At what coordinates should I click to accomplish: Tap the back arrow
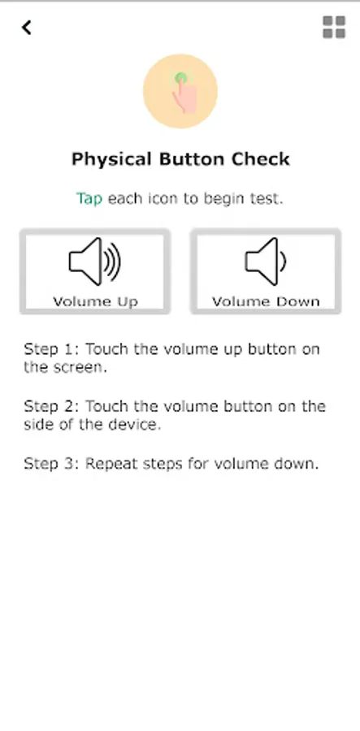tap(27, 28)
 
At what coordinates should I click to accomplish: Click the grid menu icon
tap(334, 27)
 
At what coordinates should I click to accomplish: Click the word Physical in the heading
tap(112, 159)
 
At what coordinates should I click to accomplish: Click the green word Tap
tap(89, 199)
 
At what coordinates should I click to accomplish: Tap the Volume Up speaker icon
tap(94, 262)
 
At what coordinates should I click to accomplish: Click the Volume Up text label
tap(95, 301)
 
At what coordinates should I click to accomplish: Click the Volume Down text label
tap(266, 301)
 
